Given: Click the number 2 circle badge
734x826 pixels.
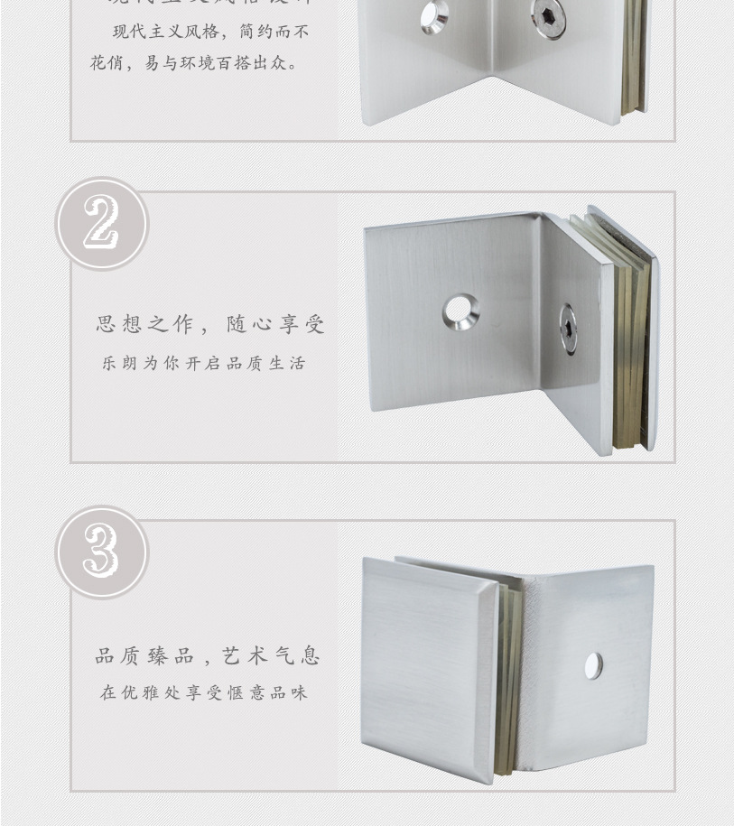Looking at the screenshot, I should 102,223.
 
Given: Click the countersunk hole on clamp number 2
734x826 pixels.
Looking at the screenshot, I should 460,312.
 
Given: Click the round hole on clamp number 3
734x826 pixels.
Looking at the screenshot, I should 593,666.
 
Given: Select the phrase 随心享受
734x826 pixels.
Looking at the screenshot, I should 275,325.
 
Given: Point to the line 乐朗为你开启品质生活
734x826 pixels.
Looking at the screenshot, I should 204,364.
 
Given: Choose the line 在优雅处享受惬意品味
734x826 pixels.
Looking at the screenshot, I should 204,693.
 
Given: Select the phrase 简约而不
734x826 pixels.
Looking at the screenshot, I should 275,32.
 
